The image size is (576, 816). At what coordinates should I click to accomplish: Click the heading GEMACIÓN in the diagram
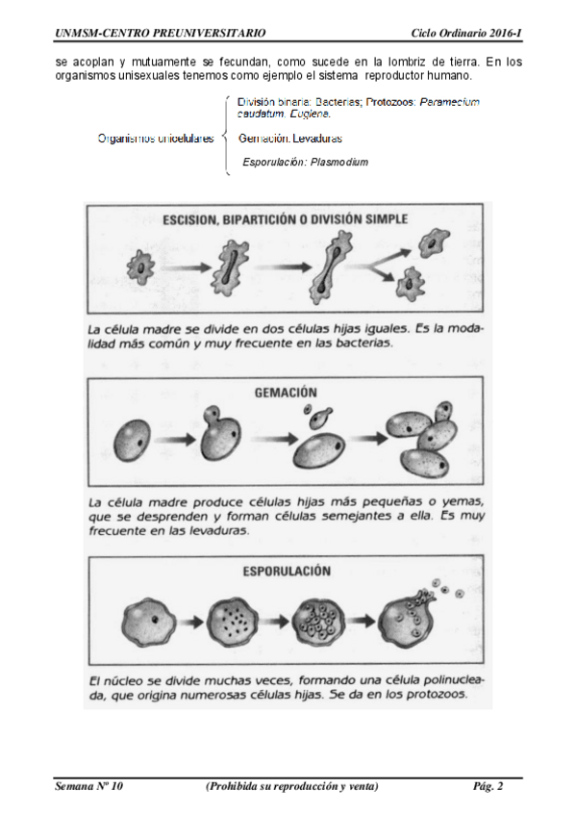pos(286,393)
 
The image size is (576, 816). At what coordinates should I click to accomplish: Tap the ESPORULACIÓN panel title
pos(287,571)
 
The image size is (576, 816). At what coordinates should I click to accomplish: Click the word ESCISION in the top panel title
pos(189,219)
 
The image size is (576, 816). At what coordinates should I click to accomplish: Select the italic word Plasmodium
pos(338,162)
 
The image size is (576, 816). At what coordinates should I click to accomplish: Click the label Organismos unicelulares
pos(156,139)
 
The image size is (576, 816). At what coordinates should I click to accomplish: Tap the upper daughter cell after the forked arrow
pos(434,242)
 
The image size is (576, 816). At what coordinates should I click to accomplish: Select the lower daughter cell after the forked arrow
pos(411,284)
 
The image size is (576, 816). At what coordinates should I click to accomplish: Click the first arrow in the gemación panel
pos(175,439)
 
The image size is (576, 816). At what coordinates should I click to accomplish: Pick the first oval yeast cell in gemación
pos(132,441)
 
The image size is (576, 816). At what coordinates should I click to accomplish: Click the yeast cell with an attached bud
pos(220,433)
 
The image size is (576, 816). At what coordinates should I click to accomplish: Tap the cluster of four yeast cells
pos(424,439)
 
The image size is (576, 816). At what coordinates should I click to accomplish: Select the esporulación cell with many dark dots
pos(233,621)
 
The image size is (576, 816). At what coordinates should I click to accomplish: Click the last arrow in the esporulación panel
pos(362,621)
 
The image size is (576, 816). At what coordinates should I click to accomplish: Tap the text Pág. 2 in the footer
pos(488,786)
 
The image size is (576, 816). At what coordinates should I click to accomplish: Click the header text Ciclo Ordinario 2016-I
pos(465,34)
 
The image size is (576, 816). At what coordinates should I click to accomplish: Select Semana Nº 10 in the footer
pos(88,786)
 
